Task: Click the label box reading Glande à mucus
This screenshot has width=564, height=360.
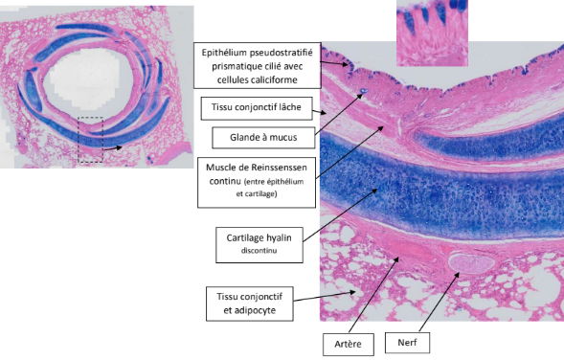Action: coord(263,137)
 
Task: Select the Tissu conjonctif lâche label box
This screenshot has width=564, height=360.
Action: coord(257,108)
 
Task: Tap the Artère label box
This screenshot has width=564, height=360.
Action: coord(349,344)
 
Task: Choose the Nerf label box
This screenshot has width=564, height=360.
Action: coord(407,343)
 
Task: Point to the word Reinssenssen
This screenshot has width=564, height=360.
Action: coord(279,168)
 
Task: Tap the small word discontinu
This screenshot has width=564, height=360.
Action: coord(259,251)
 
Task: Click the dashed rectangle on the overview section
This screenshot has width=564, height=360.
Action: coord(91,140)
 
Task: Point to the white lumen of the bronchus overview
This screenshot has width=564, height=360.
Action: coord(85,79)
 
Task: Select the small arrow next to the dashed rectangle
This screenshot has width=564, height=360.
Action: coord(113,147)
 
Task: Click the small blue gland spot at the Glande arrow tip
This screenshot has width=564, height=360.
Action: coord(364,91)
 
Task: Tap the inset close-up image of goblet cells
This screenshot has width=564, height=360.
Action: coord(432,34)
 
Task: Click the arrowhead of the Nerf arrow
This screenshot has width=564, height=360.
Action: coord(457,275)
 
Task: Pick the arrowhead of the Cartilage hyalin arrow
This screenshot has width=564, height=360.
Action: coord(375,191)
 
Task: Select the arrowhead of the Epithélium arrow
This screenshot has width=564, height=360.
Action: coord(346,64)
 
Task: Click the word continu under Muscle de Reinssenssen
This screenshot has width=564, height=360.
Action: coord(225,181)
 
